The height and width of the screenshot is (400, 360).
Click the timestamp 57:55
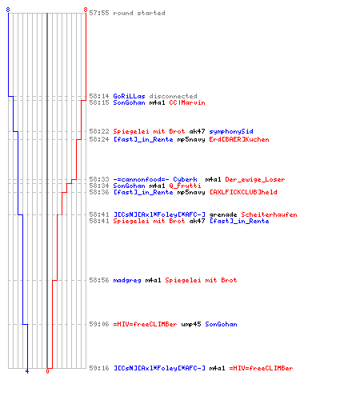(99, 13)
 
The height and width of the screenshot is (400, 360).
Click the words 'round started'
(139, 13)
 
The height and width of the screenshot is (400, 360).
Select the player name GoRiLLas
(129, 96)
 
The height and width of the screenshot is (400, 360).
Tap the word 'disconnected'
(173, 96)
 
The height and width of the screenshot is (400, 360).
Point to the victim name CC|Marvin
(187, 102)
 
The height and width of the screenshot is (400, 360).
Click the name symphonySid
(231, 131)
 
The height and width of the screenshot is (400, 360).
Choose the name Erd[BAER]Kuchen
(239, 139)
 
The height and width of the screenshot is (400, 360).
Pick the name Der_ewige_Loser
(255, 179)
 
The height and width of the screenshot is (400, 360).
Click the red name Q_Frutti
(185, 186)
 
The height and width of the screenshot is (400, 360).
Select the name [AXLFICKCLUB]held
(243, 192)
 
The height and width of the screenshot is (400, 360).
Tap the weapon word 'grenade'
(223, 214)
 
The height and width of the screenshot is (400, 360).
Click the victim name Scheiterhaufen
(269, 214)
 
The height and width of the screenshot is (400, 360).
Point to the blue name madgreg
(127, 280)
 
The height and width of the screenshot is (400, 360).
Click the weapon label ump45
(191, 324)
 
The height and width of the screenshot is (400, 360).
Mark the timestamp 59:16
(99, 368)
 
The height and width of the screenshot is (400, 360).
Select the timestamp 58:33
(99, 179)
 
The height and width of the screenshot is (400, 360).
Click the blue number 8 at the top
(8, 10)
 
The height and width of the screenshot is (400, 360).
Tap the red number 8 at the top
(86, 10)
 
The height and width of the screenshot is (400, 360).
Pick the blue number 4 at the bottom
(27, 371)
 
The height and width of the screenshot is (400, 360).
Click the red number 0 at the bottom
(47, 371)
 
